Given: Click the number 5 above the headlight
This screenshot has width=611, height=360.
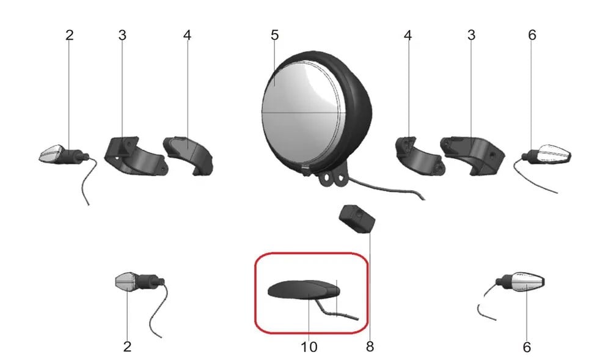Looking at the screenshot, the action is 275,35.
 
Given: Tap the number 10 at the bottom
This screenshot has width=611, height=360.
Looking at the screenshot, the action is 309,347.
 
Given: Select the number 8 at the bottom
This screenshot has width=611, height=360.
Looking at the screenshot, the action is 370,347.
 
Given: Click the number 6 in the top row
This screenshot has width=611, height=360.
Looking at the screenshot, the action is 532,35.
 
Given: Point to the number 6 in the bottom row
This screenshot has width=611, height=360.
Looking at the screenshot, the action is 527,347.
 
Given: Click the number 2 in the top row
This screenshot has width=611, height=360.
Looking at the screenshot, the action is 70,35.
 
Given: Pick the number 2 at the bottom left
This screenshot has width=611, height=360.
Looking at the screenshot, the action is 127,347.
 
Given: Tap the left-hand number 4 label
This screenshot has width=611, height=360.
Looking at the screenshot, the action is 187,35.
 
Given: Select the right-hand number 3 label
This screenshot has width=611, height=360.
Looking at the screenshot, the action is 471,35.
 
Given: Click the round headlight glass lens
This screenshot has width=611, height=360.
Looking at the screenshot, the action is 304,113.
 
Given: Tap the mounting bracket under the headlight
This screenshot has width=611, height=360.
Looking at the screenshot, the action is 332,177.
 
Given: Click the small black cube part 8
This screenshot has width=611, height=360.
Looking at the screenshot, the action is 357,219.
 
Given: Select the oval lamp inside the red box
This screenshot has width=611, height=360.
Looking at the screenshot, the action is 304,290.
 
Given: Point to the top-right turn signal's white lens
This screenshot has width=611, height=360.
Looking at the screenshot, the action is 554,154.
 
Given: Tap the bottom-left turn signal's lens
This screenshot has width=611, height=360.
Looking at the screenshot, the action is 125,281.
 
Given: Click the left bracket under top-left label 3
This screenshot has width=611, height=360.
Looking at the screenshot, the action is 136,156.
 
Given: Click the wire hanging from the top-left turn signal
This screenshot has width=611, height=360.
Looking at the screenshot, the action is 90,179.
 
